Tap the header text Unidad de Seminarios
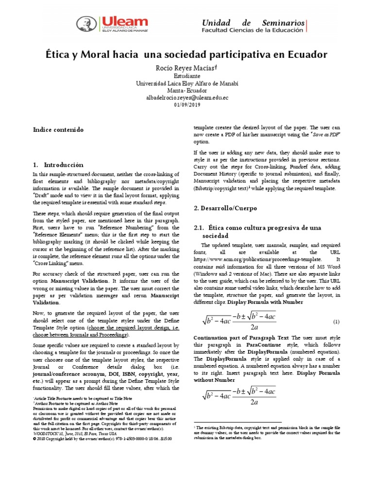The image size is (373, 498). coord(253,23)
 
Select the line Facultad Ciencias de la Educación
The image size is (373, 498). coord(253,33)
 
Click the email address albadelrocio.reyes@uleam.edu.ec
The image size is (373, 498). coord(186,97)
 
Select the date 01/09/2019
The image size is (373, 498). coord(186,105)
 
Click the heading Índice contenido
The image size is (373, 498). coord(58,130)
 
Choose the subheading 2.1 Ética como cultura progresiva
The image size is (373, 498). coord(257,231)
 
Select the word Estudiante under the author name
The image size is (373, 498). coord(186,76)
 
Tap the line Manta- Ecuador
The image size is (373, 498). coord(186,90)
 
